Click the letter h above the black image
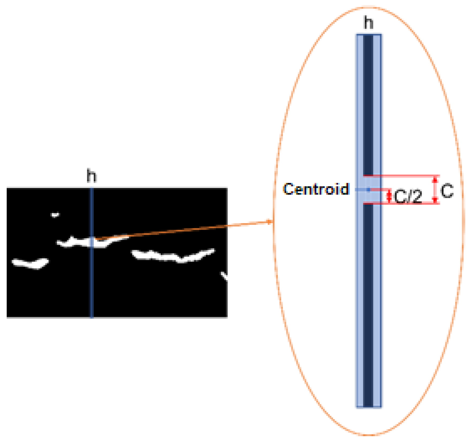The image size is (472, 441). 91,176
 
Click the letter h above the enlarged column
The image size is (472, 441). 368,23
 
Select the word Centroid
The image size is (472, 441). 316,189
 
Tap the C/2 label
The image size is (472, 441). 408,197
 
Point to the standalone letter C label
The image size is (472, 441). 447,191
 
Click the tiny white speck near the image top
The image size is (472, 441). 55,215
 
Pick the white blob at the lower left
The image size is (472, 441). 31,263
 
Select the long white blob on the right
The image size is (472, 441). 173,256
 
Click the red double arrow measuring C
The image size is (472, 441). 435,190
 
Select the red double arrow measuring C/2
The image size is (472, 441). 390,196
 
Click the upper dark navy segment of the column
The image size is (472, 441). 368,104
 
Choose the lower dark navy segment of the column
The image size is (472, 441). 368,303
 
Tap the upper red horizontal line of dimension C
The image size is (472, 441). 402,176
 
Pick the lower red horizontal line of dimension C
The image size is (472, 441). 402,204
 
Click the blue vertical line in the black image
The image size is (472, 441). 92,289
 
